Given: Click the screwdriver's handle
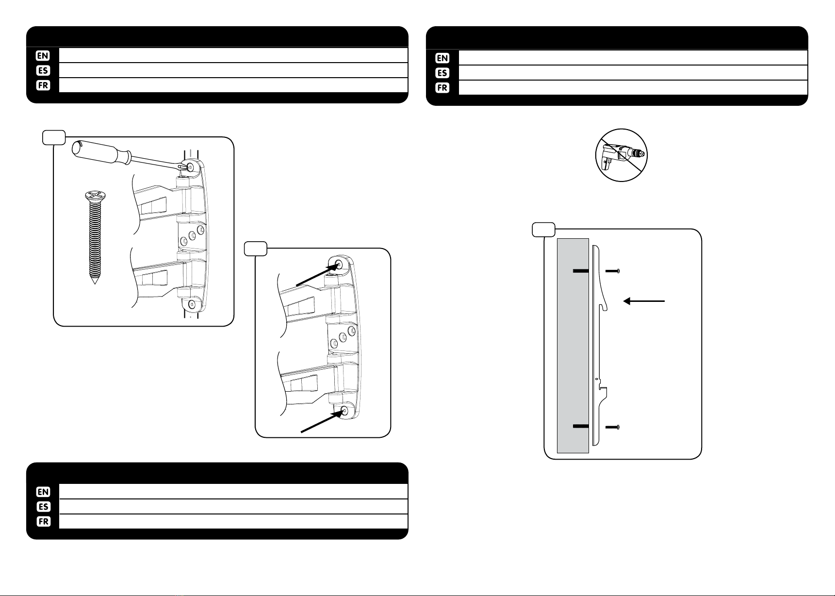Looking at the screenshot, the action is [x=100, y=150].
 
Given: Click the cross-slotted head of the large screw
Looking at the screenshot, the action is [x=95, y=196].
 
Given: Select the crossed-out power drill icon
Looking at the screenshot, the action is [x=622, y=155].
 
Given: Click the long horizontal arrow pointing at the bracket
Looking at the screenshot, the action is [x=644, y=301].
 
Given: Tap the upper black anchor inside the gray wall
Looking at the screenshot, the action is [x=581, y=271].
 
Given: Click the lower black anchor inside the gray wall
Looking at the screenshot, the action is [x=581, y=427].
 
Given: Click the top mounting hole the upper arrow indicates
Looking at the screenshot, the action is [x=339, y=265].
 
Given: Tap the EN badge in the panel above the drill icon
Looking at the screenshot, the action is [x=442, y=58].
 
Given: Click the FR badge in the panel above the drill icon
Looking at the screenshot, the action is [x=442, y=88].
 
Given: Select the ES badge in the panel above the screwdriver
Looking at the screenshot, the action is [x=43, y=71].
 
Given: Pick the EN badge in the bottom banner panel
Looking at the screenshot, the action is [x=43, y=492].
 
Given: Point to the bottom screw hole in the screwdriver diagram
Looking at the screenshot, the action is [x=192, y=304].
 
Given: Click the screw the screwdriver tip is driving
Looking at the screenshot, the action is [x=190, y=166].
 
